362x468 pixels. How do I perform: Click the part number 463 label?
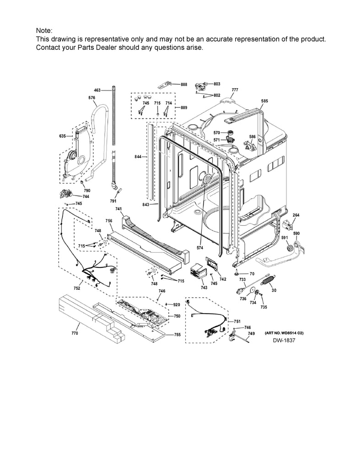(97, 90)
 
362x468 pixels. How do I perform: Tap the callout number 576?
(92, 98)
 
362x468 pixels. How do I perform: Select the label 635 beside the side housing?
(63, 136)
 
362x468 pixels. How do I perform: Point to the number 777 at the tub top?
(235, 90)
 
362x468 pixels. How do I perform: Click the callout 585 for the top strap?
(265, 101)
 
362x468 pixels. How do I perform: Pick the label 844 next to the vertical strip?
(138, 156)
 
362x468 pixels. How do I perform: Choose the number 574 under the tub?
(200, 248)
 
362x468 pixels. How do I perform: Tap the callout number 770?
(75, 333)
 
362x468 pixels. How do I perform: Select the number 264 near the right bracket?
(296, 215)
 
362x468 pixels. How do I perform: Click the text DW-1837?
(284, 340)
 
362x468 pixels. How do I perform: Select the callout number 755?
(177, 335)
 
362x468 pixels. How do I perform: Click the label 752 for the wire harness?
(77, 288)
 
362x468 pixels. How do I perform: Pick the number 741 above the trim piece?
(119, 209)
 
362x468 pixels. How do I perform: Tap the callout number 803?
(217, 84)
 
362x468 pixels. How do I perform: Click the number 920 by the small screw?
(177, 305)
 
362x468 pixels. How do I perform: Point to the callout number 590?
(296, 234)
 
